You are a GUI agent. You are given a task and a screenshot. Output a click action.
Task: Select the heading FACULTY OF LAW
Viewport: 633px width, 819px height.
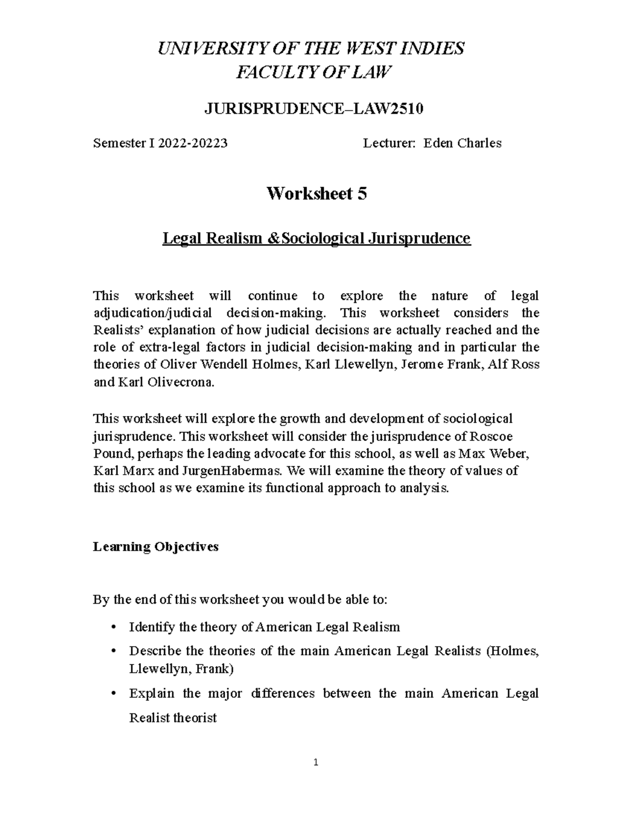pyautogui.click(x=314, y=72)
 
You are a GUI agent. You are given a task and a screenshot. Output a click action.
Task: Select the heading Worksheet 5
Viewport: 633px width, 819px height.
pyautogui.click(x=316, y=194)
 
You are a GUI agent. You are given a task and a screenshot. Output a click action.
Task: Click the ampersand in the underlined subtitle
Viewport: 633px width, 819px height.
pyautogui.click(x=272, y=239)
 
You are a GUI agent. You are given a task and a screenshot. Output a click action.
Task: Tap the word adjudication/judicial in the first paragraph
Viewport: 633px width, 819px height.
pyautogui.click(x=152, y=313)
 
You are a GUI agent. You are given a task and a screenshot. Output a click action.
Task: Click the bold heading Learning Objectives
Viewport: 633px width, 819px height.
pyautogui.click(x=156, y=546)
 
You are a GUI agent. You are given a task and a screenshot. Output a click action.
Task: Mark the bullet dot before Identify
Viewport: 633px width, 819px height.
pyautogui.click(x=113, y=628)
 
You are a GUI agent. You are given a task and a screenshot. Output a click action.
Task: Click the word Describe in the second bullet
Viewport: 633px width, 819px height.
pyautogui.click(x=155, y=651)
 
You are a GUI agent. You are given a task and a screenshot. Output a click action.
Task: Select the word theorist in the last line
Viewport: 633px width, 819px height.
pyautogui.click(x=195, y=718)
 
